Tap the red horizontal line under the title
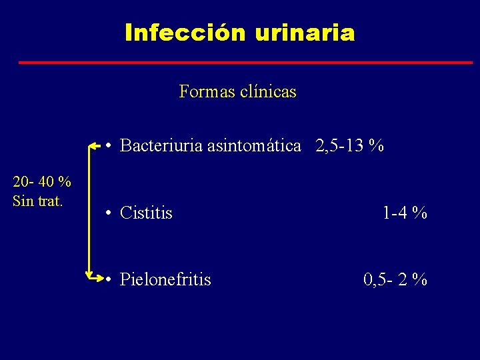tap(245, 63)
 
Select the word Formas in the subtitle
tap(203, 92)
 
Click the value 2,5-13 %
tap(350, 146)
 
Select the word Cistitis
tap(146, 213)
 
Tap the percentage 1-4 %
tap(405, 213)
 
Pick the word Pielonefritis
tap(165, 279)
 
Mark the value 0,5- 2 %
tap(395, 279)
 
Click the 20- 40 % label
tap(42, 182)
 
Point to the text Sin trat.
tap(38, 201)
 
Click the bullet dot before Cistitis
tap(108, 214)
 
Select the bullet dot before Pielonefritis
tap(108, 280)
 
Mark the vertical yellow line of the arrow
tap(89, 210)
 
